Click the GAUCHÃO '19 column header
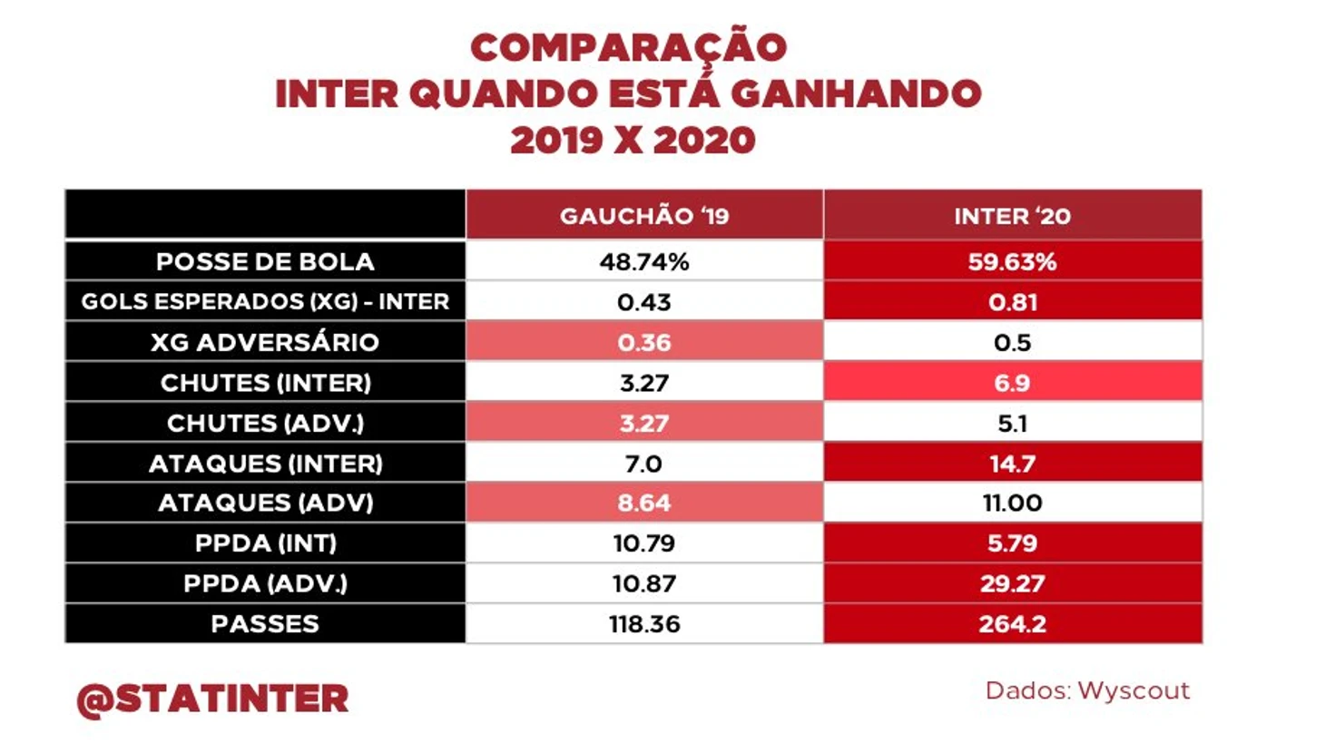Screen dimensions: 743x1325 (x=643, y=216)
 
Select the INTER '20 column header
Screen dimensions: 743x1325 (x=1012, y=216)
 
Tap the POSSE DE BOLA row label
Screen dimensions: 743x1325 (x=265, y=262)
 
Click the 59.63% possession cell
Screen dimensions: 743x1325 (x=1012, y=262)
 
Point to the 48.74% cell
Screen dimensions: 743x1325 (x=643, y=262)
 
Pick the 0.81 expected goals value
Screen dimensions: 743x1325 (x=1012, y=302)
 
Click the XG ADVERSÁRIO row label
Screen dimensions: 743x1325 (x=265, y=342)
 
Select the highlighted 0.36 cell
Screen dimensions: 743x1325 (x=643, y=342)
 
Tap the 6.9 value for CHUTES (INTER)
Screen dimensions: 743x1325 (x=1012, y=383)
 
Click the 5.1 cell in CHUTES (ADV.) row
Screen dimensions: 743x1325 (x=1012, y=423)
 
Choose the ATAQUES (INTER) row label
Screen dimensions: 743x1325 (x=265, y=464)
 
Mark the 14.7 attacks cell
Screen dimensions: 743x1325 (x=1012, y=464)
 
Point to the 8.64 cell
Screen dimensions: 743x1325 (x=643, y=503)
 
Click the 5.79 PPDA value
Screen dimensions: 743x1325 (x=1012, y=543)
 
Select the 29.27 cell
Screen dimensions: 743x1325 (x=1012, y=583)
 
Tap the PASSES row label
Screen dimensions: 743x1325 (x=265, y=624)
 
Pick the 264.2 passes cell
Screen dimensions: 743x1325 (x=1012, y=624)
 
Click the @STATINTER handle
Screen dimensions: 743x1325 (x=213, y=699)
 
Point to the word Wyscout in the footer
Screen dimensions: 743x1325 (x=1134, y=691)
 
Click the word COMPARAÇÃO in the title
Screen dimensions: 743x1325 (x=628, y=47)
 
